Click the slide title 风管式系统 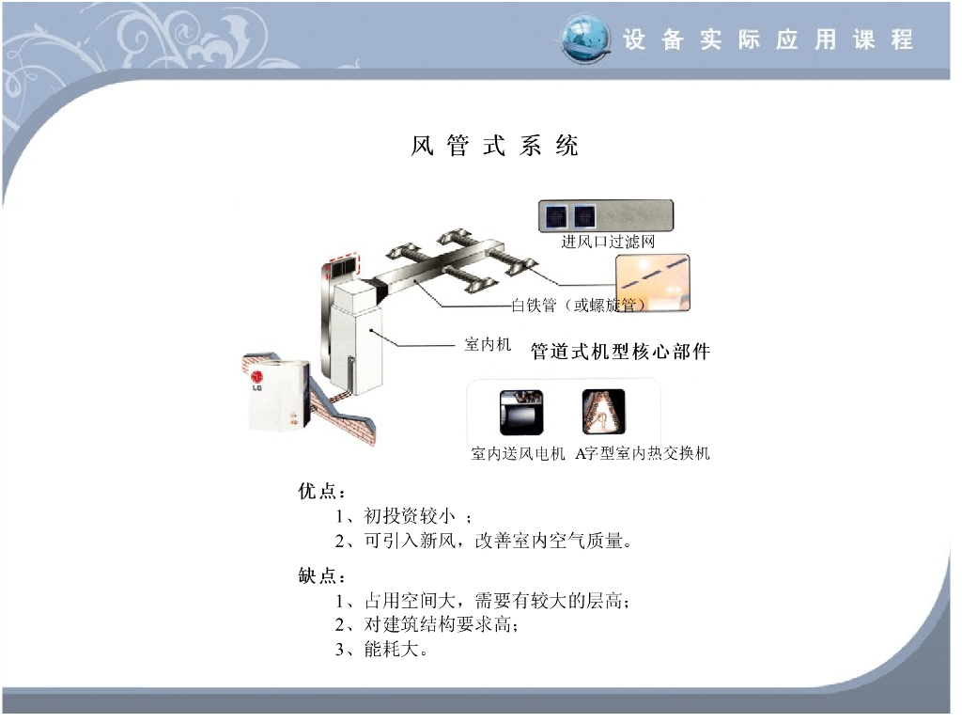pos(494,146)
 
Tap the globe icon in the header pos(586,39)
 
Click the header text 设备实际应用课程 pos(768,39)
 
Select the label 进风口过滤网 pos(608,242)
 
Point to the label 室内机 pos(488,344)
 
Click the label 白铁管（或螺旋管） pos(579,305)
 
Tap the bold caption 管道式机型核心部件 pos(620,352)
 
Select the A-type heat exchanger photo pos(604,411)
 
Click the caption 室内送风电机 pos(518,453)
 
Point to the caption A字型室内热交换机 pos(643,453)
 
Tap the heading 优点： pos(322,491)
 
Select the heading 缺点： pos(322,575)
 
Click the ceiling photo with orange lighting pos(653,283)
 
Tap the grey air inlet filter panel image pos(606,216)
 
